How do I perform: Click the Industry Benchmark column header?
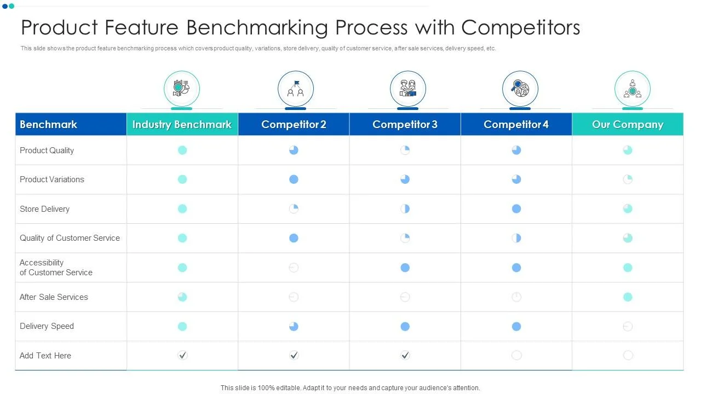pos(182,124)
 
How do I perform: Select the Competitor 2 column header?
pos(294,124)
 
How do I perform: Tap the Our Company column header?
pos(628,124)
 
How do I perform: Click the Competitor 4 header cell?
pos(516,124)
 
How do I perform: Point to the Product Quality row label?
pos(47,150)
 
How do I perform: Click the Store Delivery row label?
pos(44,209)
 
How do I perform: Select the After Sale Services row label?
pos(54,297)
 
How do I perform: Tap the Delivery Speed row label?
pos(47,326)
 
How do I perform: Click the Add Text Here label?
pos(45,356)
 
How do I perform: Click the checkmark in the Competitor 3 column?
pos(405,355)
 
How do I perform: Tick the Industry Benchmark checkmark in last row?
pos(182,355)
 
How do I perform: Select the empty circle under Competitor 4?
pos(516,355)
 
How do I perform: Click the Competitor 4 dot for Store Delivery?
pos(516,208)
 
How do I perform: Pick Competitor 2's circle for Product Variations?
pos(294,179)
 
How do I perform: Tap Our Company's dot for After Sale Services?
pos(628,297)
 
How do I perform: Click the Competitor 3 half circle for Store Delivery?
pos(405,208)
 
